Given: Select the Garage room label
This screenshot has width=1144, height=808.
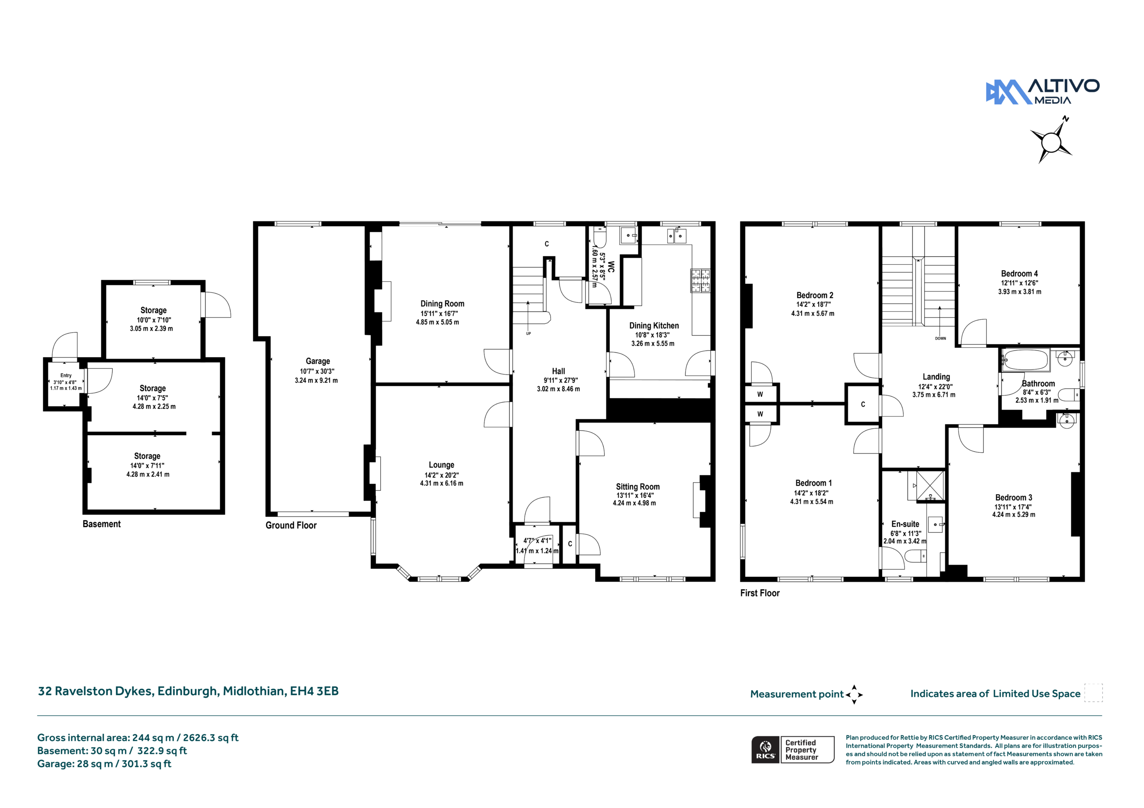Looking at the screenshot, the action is pos(318,361).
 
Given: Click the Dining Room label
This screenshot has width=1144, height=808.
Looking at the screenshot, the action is pos(442,304).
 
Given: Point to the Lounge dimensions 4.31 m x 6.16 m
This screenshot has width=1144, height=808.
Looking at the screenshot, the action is pos(442,483).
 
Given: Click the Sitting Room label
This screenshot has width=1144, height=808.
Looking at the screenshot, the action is pos(637,487).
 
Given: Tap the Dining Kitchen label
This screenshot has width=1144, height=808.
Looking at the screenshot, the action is pos(654,325).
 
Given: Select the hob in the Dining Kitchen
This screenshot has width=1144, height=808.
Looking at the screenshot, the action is pos(700,280).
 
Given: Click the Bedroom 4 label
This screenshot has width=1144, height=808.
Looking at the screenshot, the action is pos(1019,274).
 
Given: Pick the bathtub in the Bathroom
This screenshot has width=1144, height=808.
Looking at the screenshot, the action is pos(1026,360).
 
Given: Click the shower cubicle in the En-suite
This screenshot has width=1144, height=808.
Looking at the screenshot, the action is pos(930,485).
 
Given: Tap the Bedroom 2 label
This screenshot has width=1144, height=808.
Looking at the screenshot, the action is pos(815,295).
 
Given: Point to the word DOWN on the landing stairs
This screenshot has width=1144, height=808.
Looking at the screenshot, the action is pos(940,338).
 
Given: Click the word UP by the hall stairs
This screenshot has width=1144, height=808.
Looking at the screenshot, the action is pos(529,333).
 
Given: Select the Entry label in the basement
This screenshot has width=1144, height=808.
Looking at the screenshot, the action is pos(66,375).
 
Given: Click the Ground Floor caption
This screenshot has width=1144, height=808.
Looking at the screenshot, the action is pos(291,525).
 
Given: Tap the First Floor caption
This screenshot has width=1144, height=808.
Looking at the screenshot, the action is pos(759,593).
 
